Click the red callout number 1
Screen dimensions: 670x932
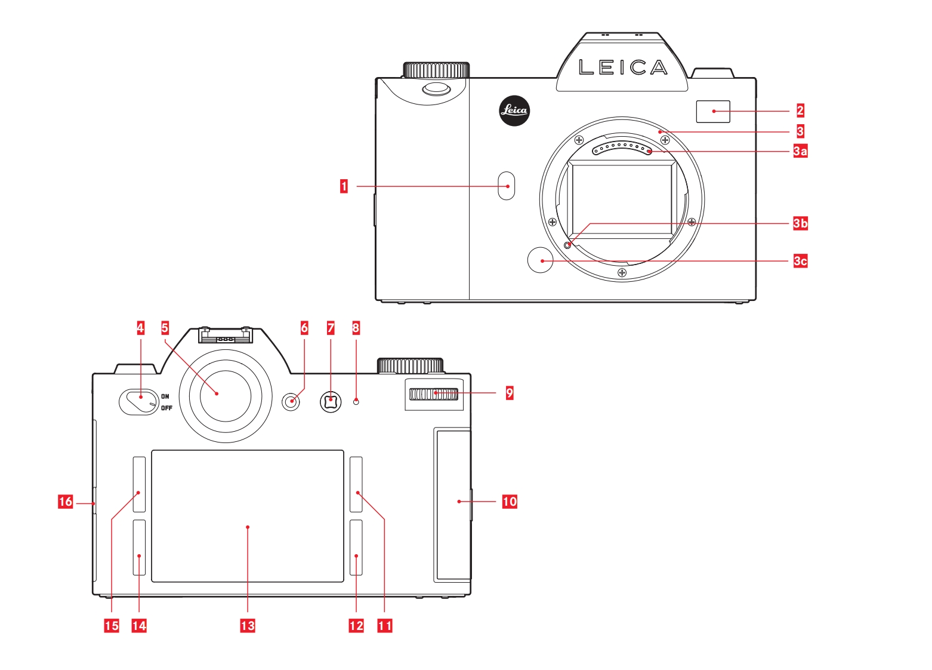point(344,186)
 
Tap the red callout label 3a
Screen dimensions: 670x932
point(800,151)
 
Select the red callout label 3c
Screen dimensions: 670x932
point(800,261)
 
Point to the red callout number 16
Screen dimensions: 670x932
point(65,502)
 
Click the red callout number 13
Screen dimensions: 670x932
point(248,625)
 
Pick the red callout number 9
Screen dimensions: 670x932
point(510,392)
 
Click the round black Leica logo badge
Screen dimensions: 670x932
point(514,110)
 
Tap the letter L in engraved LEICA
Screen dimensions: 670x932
point(586,67)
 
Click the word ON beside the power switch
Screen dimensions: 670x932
point(165,397)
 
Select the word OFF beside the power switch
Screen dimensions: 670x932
point(166,408)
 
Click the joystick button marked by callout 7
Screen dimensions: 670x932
point(331,401)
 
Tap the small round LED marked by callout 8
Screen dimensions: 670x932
point(356,402)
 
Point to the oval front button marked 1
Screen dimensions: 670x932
point(507,185)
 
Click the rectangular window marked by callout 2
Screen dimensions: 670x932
point(713,111)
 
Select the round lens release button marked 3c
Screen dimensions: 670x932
point(541,260)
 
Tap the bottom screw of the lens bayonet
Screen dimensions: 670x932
point(622,273)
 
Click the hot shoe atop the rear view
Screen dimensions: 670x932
point(226,337)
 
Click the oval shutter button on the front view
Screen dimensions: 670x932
point(436,89)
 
